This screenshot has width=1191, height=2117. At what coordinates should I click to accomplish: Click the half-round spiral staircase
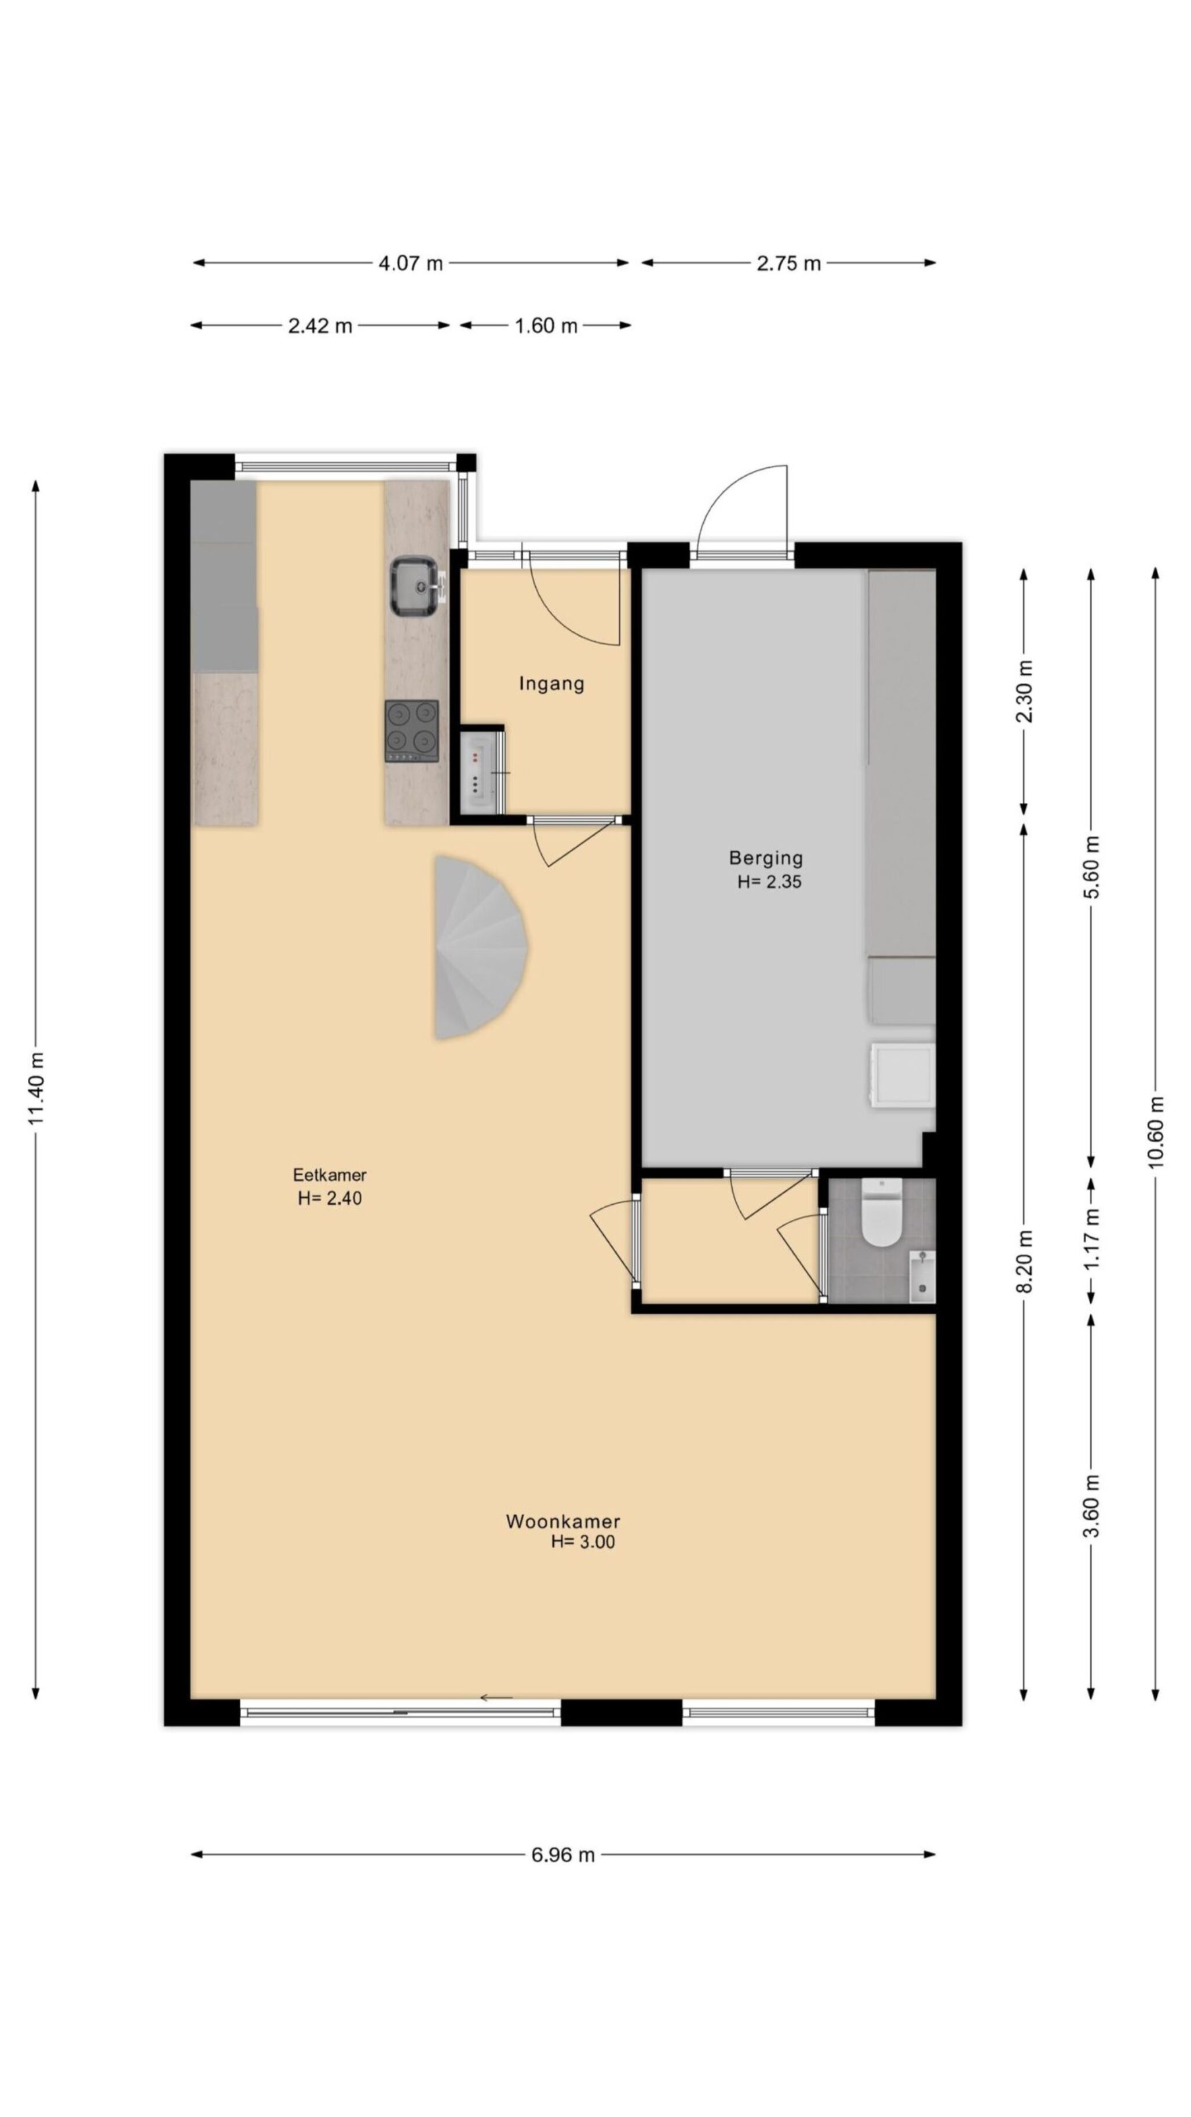point(479,948)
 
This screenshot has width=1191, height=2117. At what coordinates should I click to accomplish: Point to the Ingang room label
point(551,683)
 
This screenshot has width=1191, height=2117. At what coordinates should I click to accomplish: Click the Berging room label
point(765,858)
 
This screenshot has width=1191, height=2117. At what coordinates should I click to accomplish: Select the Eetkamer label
point(330,1175)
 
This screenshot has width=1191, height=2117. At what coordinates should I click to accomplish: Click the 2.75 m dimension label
point(788,263)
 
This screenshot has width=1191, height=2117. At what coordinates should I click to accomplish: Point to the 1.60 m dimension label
point(546,326)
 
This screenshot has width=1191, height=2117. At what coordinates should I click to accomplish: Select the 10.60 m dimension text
point(1156,1131)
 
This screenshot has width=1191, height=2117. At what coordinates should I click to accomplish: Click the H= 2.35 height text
point(769,882)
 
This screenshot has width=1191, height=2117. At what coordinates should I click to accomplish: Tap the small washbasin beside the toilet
point(922,1276)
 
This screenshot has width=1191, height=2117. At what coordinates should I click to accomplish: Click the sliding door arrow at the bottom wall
point(496,1697)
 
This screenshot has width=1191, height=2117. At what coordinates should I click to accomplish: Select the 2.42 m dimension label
point(320,326)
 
